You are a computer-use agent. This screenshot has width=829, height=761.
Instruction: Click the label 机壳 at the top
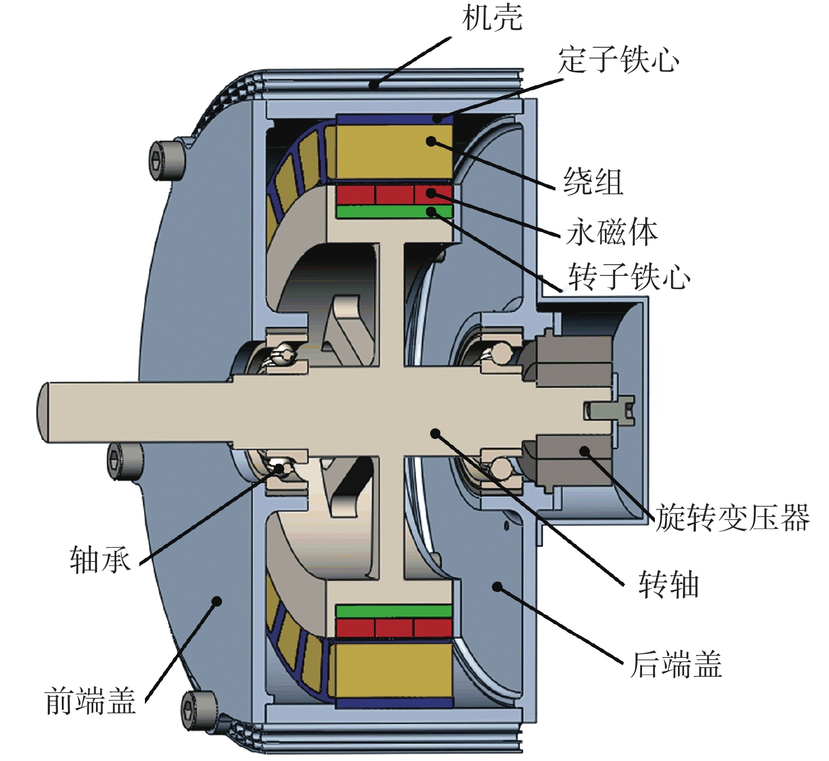492,18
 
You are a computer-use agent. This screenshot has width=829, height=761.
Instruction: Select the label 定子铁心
618,60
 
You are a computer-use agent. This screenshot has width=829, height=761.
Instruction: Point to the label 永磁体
612,233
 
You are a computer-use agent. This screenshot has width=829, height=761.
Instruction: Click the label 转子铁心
630,276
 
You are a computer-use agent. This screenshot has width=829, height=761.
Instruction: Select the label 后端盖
676,664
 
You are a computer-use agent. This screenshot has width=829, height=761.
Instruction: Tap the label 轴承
101,560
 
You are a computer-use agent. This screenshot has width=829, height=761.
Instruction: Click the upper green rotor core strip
395,212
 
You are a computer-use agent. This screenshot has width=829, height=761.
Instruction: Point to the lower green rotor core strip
394,611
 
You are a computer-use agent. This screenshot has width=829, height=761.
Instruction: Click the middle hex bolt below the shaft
125,462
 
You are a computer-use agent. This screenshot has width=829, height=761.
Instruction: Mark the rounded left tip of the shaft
43,413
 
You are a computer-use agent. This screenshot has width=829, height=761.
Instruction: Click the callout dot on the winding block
431,142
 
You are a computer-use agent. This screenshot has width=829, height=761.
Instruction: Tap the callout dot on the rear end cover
498,586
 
